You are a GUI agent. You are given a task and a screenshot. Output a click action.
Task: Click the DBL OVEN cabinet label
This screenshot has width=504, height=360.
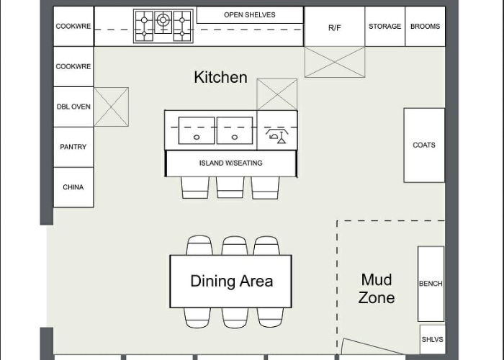coord(73,107)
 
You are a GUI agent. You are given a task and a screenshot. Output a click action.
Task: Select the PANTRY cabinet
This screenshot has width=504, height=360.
coord(73,147)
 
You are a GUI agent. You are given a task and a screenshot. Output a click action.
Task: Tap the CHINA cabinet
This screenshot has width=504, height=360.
coord(73,187)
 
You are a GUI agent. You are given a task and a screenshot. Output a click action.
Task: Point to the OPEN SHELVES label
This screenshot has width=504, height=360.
coord(249,15)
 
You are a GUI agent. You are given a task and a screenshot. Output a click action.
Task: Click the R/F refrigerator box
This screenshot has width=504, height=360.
coord(335,27)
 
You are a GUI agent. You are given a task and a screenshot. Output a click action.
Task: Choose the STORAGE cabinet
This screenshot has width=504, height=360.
coord(384,27)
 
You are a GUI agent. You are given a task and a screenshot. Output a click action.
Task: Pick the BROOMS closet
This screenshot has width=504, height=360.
coord(425,27)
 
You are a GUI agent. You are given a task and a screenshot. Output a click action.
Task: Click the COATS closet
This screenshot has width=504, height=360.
coord(424,145)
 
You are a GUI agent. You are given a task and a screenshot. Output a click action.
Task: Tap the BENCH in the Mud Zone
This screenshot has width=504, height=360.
coord(431,284)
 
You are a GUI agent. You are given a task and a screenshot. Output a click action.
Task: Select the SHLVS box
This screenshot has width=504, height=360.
coord(432,339)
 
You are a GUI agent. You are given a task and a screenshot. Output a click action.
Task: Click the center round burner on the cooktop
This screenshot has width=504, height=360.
coord(163,20)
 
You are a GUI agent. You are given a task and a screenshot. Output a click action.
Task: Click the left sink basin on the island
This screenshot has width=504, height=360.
coord(197,130)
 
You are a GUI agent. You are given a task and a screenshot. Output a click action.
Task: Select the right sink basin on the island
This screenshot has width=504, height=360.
coord(235,130)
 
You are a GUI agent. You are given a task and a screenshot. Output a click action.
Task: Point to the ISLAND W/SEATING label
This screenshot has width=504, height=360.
coord(231,163)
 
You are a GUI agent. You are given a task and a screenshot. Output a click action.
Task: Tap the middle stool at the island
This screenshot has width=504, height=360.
coord(230,187)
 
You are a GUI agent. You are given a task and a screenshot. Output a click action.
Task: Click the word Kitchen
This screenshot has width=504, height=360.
coord(221,78)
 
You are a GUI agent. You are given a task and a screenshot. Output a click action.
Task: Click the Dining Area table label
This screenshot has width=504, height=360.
coord(232,281)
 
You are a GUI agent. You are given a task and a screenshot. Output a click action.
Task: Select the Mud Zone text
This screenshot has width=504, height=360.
coord(377,289)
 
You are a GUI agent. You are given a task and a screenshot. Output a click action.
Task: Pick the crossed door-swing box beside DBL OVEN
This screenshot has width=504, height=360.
coord(111,107)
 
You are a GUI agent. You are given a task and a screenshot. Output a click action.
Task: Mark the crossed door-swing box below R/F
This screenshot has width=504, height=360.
coord(335,62)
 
